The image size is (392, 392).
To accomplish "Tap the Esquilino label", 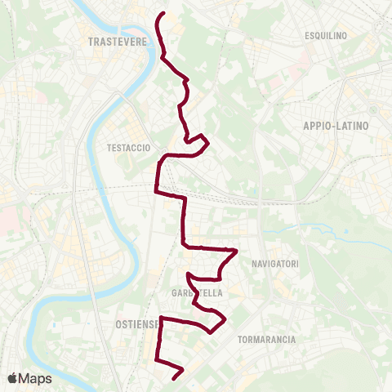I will [326, 36].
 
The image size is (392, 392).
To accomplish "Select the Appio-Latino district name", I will [336, 127].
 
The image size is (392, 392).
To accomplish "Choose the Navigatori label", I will [275, 264].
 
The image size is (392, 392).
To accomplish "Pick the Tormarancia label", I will [265, 338].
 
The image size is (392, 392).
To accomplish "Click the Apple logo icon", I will [12, 378].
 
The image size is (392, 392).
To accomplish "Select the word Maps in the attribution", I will [35, 378].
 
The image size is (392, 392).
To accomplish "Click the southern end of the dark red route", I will [175, 377].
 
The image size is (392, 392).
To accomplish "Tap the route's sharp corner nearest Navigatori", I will [236, 251].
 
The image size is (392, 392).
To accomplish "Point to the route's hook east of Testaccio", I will [207, 144].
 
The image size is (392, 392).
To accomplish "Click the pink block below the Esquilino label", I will [308, 57].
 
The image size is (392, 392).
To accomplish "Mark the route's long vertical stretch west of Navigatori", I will [185, 220].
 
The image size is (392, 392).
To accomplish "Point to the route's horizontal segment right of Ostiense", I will [188, 320].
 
